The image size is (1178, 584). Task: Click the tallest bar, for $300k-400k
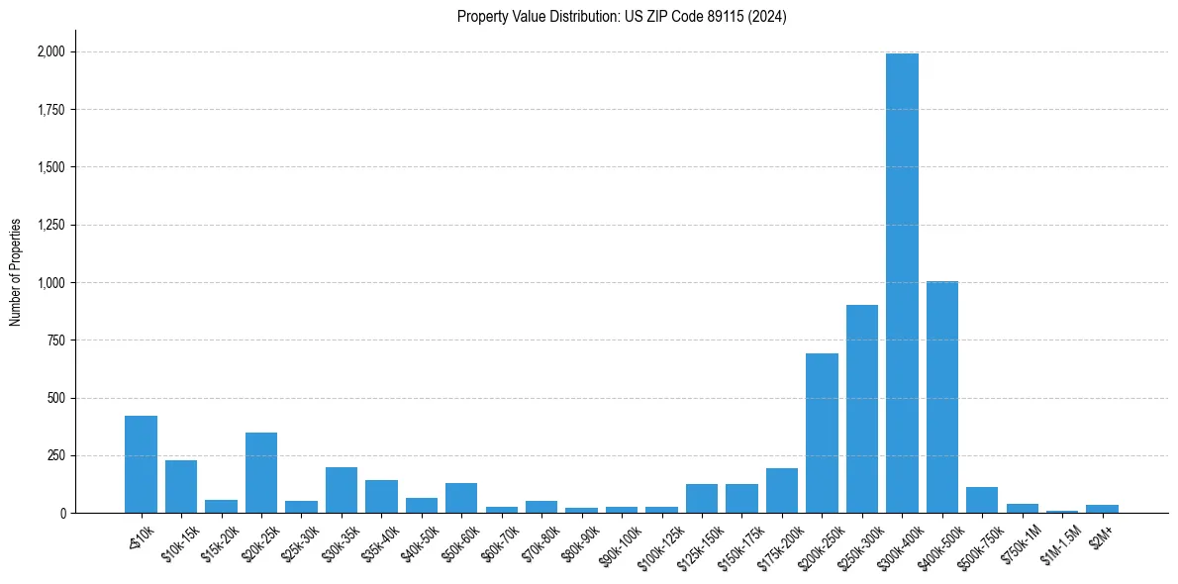[x=902, y=283]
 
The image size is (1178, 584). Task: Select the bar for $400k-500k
[x=942, y=397]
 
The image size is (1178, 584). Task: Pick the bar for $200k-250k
[x=822, y=434]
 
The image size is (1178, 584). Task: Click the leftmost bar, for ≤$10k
[x=141, y=464]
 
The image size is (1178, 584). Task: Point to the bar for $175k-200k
[x=782, y=491]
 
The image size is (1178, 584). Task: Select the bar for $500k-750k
[x=982, y=500]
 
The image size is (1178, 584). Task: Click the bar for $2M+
[x=1102, y=509]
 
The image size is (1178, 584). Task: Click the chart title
[x=622, y=17]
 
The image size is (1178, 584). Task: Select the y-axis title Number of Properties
[x=16, y=272]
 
